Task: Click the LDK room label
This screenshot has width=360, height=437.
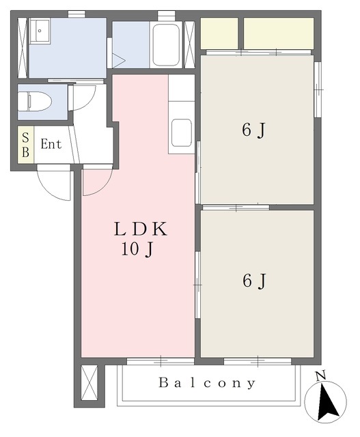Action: click(141, 229)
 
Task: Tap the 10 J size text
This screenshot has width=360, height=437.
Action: click(137, 249)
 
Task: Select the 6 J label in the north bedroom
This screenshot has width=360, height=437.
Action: click(253, 130)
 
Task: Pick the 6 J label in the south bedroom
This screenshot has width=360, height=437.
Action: click(254, 281)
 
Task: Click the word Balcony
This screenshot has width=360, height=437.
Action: click(207, 383)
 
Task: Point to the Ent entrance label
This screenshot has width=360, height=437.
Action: click(51, 144)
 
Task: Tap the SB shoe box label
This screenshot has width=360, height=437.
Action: click(25, 145)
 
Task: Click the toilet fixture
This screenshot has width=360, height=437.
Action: click(35, 102)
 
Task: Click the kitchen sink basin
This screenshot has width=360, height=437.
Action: click(181, 132)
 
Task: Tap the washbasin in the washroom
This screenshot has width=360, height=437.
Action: click(40, 30)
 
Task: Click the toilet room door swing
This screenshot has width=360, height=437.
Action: click(82, 98)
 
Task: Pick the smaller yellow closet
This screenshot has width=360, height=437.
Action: click(219, 33)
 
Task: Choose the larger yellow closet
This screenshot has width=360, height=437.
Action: click(279, 33)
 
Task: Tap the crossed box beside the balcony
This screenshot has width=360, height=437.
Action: click(89, 382)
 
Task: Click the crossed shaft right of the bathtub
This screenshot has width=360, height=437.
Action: click(189, 44)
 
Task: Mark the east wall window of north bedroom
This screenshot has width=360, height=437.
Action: click(318, 89)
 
